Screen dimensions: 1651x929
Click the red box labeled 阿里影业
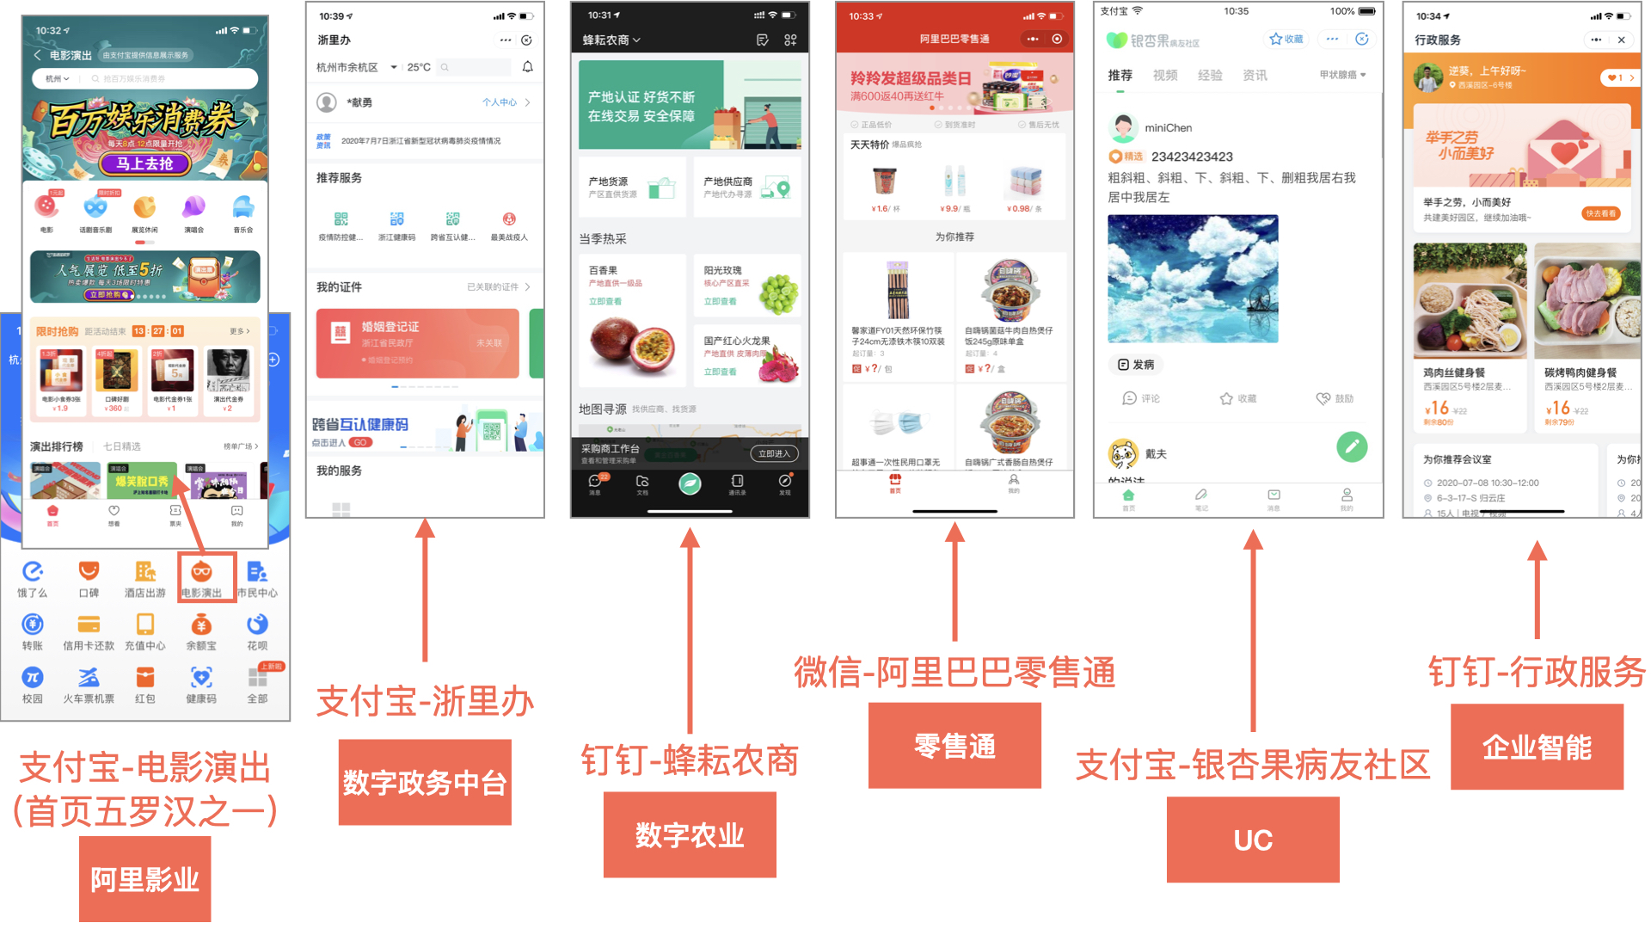[144, 879]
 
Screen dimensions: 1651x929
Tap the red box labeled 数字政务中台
[425, 782]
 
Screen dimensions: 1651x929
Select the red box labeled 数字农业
[690, 834]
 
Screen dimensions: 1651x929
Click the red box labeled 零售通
[954, 745]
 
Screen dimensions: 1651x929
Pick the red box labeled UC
[1253, 840]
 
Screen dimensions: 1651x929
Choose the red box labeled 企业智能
[1537, 747]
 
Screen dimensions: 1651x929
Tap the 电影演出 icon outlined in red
[202, 577]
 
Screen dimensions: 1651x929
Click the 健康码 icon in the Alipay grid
[201, 684]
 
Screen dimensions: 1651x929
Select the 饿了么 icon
[33, 578]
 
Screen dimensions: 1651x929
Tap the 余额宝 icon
[201, 631]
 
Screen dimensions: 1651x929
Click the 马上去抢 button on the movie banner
[145, 163]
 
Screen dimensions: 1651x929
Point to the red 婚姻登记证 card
[418, 343]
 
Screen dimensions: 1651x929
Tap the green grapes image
[777, 293]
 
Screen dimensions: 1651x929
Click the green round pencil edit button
[1352, 446]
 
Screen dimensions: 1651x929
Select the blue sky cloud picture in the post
[1193, 279]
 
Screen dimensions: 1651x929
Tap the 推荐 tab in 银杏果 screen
[1120, 76]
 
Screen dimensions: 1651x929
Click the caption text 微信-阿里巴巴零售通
[954, 672]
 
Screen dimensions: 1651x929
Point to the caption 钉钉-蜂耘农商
[690, 760]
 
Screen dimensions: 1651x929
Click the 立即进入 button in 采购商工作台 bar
[774, 453]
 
